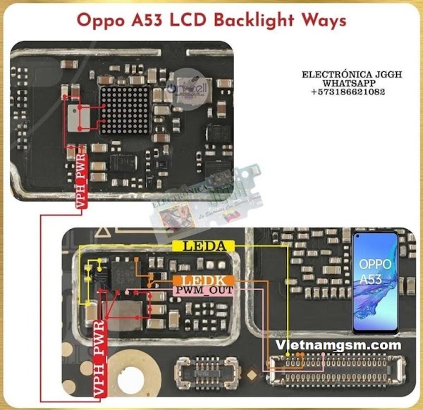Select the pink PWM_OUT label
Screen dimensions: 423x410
pyautogui.click(x=200, y=290)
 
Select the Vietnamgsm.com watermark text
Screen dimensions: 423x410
pyautogui.click(x=341, y=345)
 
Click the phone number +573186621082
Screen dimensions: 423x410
pyautogui.click(x=348, y=92)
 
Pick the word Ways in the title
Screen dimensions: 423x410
pyautogui.click(x=321, y=20)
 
